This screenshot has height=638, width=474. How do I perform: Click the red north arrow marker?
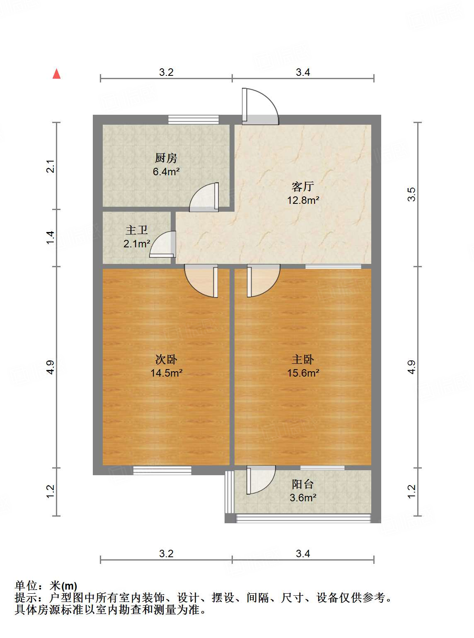(57, 74)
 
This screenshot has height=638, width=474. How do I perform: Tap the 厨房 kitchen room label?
(166, 158)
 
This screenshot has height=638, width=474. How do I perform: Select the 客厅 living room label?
(303, 186)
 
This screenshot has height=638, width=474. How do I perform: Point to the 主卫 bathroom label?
(137, 230)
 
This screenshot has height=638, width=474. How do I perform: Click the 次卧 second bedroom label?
(166, 359)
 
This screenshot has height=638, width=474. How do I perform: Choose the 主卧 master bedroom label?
(303, 359)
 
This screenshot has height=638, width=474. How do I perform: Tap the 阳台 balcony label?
(303, 484)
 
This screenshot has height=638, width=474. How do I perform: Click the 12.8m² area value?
(303, 201)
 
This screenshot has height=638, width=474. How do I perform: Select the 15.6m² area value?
(303, 373)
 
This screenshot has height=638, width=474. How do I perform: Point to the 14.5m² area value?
(166, 373)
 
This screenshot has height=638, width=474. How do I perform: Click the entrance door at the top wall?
(260, 107)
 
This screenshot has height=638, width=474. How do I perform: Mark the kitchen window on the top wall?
(193, 119)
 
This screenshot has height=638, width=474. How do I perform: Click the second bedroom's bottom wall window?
(162, 470)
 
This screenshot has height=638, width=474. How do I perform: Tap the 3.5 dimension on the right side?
(411, 194)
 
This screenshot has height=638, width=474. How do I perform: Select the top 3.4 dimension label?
(303, 72)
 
